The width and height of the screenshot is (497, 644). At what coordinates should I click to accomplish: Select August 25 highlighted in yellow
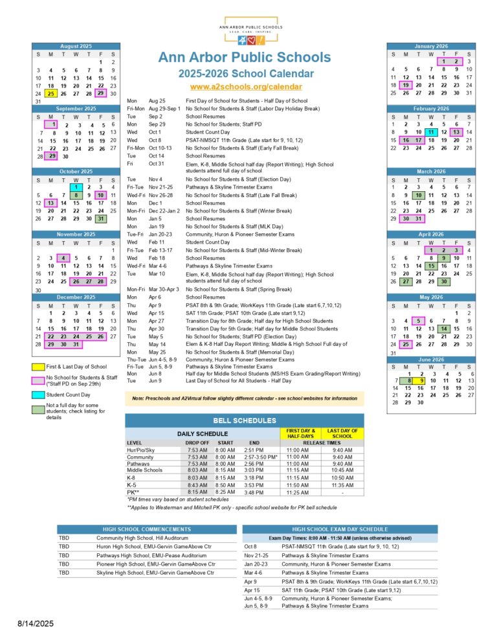coord(51,94)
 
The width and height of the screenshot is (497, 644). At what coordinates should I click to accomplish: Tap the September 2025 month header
coord(76,109)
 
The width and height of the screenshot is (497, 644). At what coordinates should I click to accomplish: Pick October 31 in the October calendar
coord(101,218)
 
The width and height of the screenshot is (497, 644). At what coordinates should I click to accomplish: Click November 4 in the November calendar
coord(63,258)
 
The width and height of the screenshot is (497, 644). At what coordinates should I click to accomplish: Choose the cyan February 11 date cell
coord(431,132)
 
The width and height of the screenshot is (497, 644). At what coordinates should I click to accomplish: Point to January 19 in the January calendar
coord(406,85)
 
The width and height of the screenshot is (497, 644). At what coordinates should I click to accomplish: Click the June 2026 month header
coord(431,358)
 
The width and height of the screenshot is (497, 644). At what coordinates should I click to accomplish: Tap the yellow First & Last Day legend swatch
coord(38,367)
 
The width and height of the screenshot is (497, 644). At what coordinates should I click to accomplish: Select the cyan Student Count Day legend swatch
coord(38,395)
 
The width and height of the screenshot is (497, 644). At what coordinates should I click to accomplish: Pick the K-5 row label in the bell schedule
coord(132,484)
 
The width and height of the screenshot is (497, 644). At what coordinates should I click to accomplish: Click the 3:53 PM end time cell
coord(254,484)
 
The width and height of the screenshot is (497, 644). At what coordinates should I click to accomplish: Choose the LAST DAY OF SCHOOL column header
coord(342,433)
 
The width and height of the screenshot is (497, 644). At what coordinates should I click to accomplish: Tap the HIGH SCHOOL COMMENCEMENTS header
coord(142,529)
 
